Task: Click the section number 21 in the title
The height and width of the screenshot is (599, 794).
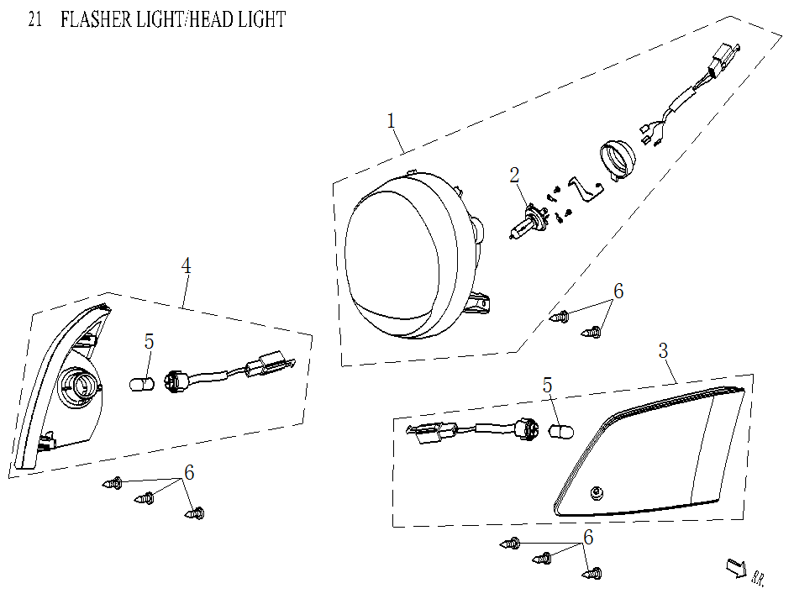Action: pos(34,19)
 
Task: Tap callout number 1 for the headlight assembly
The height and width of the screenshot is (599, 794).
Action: pos(392,121)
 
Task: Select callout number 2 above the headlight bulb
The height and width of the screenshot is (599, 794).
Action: pos(514,175)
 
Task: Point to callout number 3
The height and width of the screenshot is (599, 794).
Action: pos(663,350)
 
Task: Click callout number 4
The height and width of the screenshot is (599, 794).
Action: pos(187,265)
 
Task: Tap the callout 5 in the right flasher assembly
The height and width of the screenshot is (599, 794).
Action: pos(548,386)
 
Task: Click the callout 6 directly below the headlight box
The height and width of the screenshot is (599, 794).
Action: pos(618,292)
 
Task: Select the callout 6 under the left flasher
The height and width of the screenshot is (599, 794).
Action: pos(189,473)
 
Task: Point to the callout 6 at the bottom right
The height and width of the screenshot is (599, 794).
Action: pos(588,537)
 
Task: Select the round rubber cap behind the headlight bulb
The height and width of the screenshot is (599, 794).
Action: pos(619,159)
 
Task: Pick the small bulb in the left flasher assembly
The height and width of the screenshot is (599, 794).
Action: pos(143,383)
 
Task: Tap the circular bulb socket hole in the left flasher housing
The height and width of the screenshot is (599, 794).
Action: pos(82,386)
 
